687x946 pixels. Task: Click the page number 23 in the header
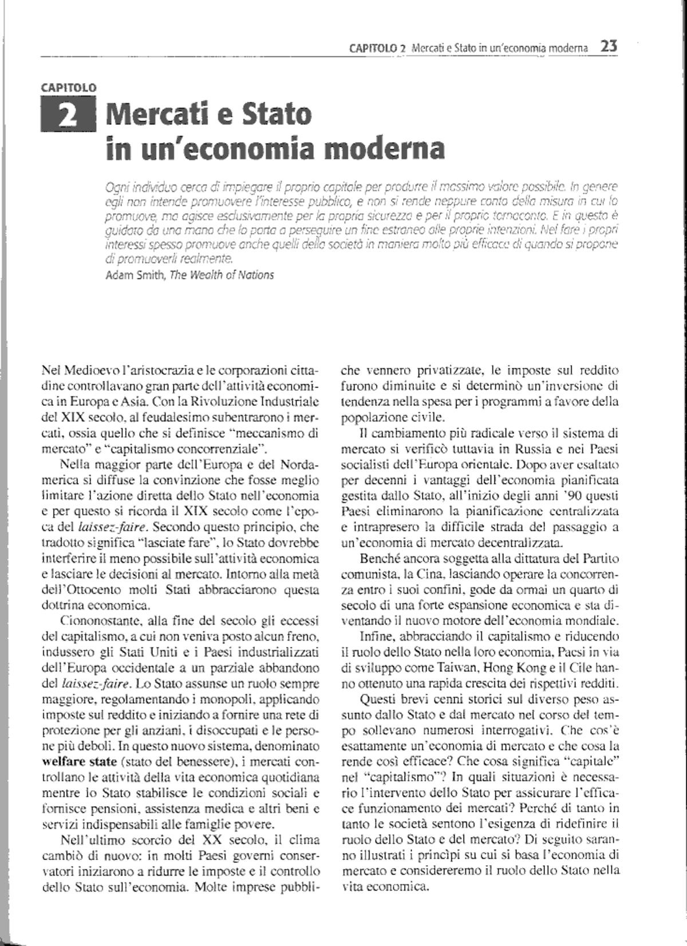[608, 46]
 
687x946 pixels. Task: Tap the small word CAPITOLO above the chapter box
[68, 88]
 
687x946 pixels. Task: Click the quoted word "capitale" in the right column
[587, 762]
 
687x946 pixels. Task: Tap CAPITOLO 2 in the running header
[377, 49]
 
